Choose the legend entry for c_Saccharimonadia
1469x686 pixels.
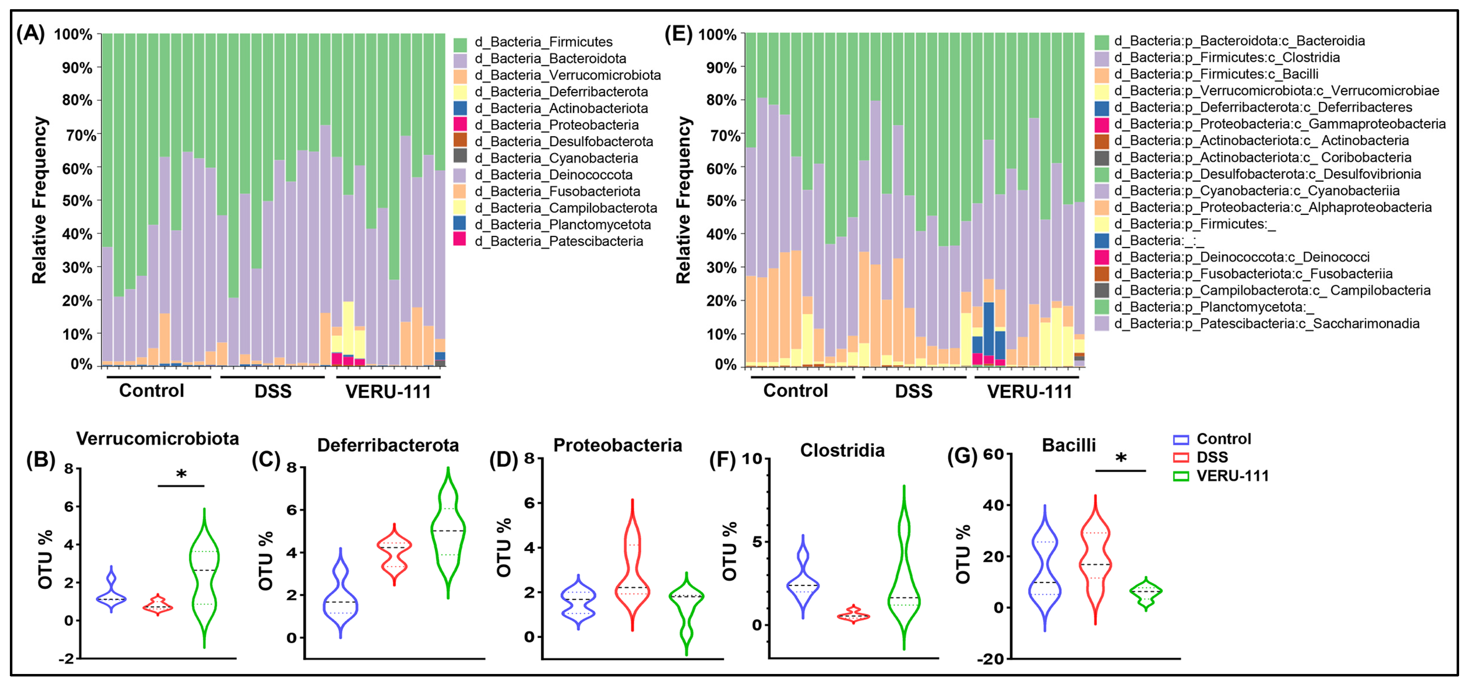click(1266, 324)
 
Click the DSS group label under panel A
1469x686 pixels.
click(273, 391)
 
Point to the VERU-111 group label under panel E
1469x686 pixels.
click(1030, 391)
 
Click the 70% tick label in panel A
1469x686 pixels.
click(79, 136)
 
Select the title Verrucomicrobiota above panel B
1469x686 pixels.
click(158, 438)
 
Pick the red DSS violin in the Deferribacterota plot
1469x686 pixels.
click(394, 552)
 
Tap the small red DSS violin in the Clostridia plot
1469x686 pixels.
click(853, 615)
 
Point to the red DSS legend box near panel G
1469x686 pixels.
click(1180, 458)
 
